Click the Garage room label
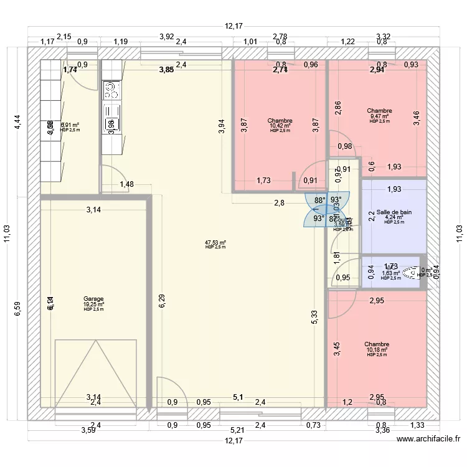click(x=93, y=299)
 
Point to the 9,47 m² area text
click(x=379, y=116)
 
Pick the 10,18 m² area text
click(x=377, y=350)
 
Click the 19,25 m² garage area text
click(x=93, y=304)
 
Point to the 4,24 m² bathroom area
click(x=394, y=217)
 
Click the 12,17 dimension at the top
click(x=233, y=26)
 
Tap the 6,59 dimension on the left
click(x=18, y=309)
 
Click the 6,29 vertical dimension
click(x=162, y=301)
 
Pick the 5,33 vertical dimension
click(x=315, y=317)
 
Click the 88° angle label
click(x=319, y=200)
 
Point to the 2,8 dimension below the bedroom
click(x=279, y=203)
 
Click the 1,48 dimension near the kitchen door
click(x=126, y=184)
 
